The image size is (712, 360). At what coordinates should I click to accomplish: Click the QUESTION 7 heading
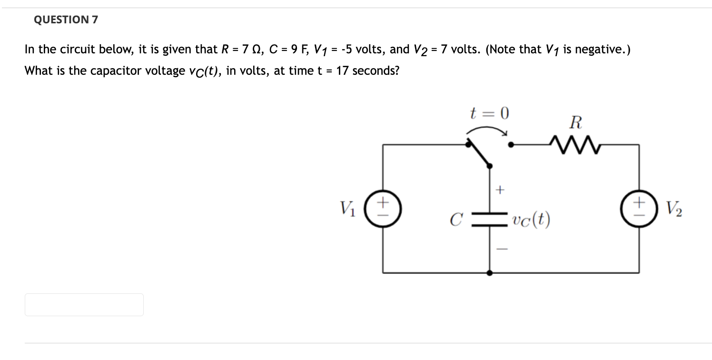66,20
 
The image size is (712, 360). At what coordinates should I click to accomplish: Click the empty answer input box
84,305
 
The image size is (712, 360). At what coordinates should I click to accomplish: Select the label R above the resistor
575,122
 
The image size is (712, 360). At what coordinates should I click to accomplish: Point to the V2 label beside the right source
674,209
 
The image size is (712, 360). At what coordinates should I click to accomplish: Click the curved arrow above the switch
487,129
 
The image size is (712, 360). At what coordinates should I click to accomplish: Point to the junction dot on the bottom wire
490,273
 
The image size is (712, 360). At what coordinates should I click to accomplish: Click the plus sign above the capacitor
499,190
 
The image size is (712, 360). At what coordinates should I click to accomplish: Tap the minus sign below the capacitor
499,249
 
